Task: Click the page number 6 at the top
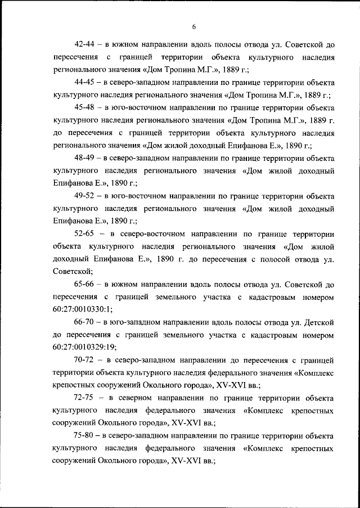(193, 27)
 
